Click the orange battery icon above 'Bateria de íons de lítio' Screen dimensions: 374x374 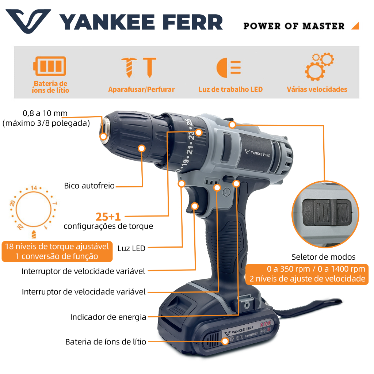click(50, 66)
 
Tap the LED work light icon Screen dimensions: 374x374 click(229, 68)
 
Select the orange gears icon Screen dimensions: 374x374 click(319, 67)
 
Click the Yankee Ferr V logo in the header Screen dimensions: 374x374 click(28, 21)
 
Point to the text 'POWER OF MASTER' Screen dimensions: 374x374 click(294, 26)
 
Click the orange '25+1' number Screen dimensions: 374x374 click(108, 217)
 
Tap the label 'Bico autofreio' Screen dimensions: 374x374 click(89, 186)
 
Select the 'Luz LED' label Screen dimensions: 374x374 click(131, 248)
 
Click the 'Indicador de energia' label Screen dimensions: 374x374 click(108, 317)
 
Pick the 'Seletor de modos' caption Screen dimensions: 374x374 click(323, 257)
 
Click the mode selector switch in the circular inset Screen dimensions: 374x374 click(327, 212)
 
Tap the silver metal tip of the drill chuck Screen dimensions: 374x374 click(105, 129)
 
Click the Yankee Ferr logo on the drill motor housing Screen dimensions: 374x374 click(257, 153)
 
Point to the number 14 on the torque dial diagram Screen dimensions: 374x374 click(34, 188)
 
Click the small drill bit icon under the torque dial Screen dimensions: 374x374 click(34, 234)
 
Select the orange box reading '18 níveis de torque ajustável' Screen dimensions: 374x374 click(57, 251)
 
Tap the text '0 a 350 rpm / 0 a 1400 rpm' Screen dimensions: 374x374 click(316, 269)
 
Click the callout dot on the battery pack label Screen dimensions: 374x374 click(225, 341)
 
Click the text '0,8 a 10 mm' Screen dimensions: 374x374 click(45, 113)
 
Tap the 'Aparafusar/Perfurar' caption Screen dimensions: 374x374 click(141, 89)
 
